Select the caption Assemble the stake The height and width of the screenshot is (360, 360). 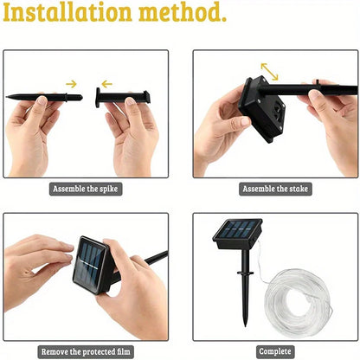click(275, 189)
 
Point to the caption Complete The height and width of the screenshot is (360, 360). click(274, 352)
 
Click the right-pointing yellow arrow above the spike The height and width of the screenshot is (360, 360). click(71, 84)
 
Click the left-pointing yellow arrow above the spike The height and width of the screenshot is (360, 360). click(106, 84)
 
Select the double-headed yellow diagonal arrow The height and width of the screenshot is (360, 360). click(270, 71)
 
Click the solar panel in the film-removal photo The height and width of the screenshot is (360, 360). click(90, 259)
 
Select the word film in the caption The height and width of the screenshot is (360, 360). click(130, 352)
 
